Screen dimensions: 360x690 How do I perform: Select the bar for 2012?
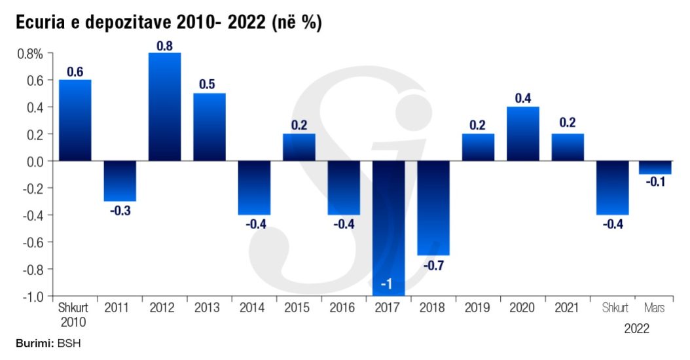coord(165,107)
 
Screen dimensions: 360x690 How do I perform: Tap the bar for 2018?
coord(433,207)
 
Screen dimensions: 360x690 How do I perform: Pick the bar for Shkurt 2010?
coord(75,120)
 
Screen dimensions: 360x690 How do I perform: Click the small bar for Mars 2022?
coord(655,168)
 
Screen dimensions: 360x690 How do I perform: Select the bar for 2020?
coord(523,134)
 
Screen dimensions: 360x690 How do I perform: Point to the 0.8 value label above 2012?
coord(165,46)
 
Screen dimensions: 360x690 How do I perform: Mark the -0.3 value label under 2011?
coord(120,211)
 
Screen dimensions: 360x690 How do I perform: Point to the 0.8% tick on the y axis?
coord(30,54)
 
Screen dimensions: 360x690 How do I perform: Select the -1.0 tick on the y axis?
coord(31,297)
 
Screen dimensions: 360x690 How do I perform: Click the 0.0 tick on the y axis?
coord(33,161)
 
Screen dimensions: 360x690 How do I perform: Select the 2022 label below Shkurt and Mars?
coord(636,329)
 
